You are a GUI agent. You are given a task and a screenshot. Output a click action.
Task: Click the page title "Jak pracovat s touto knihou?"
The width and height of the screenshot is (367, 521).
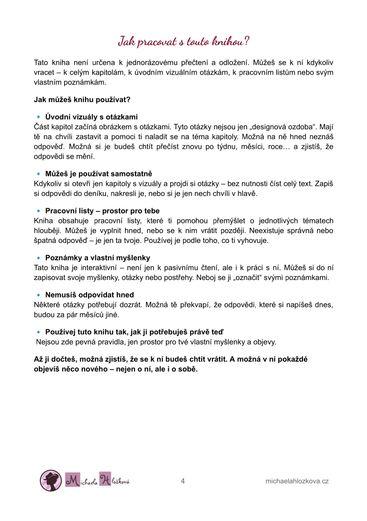[183, 41]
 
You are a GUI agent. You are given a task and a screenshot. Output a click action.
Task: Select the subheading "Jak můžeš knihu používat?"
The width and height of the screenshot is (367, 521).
[82, 99]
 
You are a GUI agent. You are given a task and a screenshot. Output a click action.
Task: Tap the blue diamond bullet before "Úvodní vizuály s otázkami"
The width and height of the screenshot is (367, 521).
[39, 117]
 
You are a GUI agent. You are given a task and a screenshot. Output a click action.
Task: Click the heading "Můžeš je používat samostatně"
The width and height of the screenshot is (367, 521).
[98, 174]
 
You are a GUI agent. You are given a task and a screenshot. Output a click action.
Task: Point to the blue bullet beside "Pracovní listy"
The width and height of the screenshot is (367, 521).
[39, 211]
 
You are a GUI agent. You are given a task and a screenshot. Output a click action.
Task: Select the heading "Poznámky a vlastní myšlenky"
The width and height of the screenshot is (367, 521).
[97, 258]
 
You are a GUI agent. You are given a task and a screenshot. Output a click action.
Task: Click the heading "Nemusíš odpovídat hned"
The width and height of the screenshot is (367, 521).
[89, 295]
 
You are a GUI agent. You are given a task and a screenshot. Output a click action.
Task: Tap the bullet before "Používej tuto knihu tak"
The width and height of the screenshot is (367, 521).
[39, 332]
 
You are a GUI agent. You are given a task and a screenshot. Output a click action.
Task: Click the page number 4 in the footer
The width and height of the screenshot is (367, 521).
[183, 481]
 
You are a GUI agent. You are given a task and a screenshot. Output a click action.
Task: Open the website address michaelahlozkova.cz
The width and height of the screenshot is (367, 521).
[297, 481]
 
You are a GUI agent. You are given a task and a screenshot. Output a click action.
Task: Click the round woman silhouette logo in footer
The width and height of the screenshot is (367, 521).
[50, 480]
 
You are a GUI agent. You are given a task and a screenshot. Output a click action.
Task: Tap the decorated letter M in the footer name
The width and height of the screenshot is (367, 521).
[72, 481]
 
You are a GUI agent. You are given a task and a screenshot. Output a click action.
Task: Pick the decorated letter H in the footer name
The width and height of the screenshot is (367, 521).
[105, 480]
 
